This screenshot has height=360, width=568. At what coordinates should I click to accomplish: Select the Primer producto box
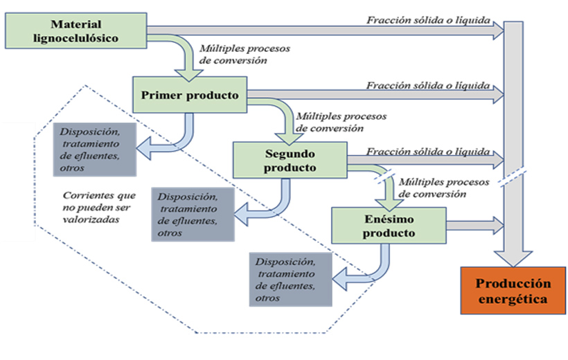click(x=190, y=94)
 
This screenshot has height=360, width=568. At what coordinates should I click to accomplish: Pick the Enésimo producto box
click(x=389, y=225)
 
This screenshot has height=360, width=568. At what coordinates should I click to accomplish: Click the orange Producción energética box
click(x=513, y=291)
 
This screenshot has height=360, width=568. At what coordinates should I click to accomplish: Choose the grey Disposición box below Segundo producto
click(x=192, y=215)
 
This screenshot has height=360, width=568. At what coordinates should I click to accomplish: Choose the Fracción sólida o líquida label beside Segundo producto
click(x=428, y=151)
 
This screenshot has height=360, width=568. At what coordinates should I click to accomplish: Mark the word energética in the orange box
click(x=513, y=300)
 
